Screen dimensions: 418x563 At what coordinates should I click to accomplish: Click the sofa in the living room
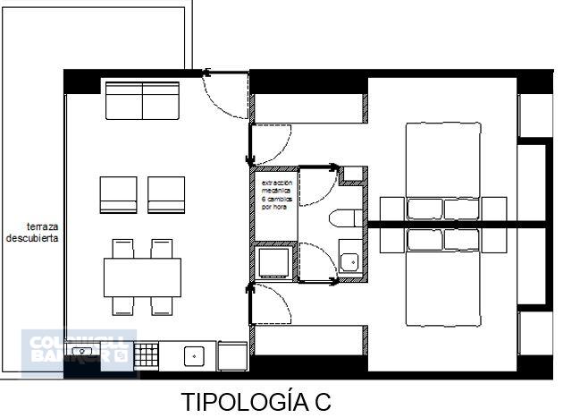(x=143, y=100)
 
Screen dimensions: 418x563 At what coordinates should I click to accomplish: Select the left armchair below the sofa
(x=118, y=195)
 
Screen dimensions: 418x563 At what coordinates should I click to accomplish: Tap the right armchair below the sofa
(x=166, y=195)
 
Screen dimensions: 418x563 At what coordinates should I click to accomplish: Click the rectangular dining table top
(x=142, y=277)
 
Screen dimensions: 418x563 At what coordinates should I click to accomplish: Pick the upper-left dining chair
(x=123, y=248)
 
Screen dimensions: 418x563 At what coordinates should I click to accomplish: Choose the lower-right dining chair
(x=162, y=305)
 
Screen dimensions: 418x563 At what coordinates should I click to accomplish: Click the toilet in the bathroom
(x=344, y=219)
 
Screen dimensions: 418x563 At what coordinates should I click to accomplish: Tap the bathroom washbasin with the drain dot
(x=350, y=262)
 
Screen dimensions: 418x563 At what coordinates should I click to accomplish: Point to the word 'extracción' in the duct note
(x=276, y=183)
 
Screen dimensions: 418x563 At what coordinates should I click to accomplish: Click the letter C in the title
(x=322, y=402)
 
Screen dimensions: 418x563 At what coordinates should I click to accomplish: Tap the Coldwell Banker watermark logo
(x=79, y=351)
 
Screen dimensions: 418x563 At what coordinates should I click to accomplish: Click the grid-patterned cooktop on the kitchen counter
(x=146, y=356)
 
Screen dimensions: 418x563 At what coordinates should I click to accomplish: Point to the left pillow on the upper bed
(x=425, y=209)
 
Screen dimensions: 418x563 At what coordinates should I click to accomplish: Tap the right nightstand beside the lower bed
(x=493, y=240)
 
